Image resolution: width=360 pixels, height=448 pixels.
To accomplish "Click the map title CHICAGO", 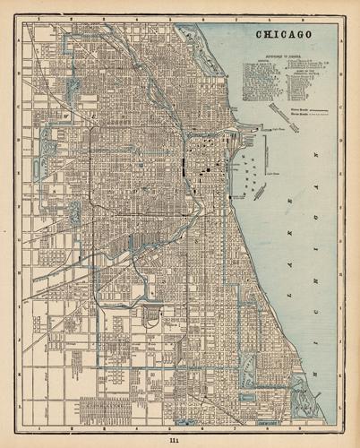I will point(284,34).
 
